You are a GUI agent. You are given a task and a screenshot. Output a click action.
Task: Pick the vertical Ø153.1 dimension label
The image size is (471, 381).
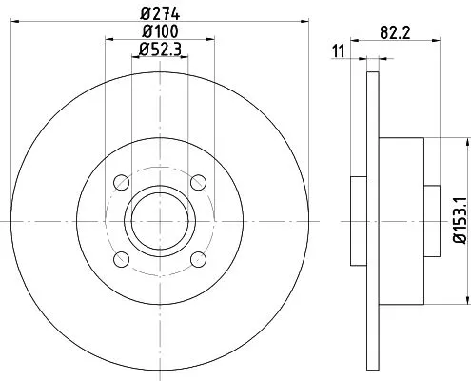click(x=458, y=220)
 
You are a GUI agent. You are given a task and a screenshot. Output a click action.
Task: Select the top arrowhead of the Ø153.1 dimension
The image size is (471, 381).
click(x=467, y=140)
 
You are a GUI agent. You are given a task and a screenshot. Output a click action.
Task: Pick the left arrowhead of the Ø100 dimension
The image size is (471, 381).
click(x=107, y=40)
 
